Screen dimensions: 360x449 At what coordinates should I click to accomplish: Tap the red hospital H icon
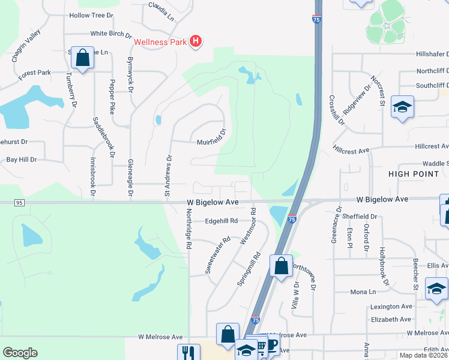(195, 41)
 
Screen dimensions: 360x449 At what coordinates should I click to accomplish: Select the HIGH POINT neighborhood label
(414, 174)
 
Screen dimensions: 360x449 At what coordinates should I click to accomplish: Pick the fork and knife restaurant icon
(188, 353)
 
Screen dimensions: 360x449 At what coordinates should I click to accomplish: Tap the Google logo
(20, 353)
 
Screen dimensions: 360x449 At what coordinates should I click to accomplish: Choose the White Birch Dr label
(110, 35)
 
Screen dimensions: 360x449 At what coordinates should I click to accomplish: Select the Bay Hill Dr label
(21, 160)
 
